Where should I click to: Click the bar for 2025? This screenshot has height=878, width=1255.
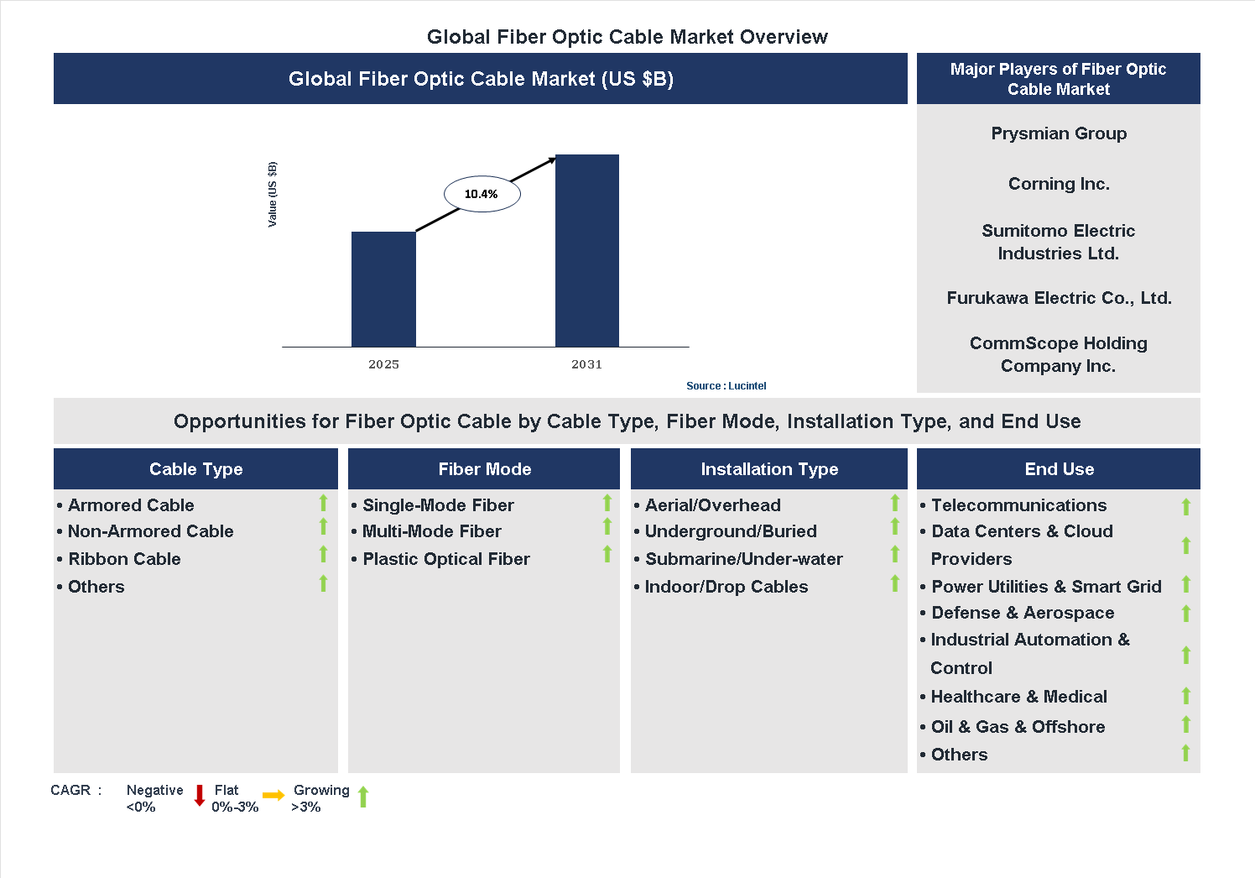pyautogui.click(x=383, y=289)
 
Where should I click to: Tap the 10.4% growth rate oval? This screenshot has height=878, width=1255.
pyautogui.click(x=482, y=194)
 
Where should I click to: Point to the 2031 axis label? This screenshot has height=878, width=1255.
pyautogui.click(x=586, y=364)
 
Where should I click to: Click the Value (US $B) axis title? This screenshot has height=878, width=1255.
pyautogui.click(x=272, y=194)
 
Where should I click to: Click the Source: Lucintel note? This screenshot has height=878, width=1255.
pyautogui.click(x=726, y=386)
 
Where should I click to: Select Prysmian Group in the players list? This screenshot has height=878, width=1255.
pyautogui.click(x=1059, y=133)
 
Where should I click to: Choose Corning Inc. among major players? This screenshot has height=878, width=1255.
pyautogui.click(x=1059, y=184)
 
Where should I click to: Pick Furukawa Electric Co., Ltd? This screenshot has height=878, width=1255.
pyautogui.click(x=1059, y=298)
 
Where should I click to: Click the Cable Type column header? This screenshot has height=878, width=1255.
pyautogui.click(x=195, y=469)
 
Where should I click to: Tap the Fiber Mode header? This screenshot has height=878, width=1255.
pyautogui.click(x=484, y=469)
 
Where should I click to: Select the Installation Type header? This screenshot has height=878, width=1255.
pyautogui.click(x=769, y=469)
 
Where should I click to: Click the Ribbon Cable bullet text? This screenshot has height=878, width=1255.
pyautogui.click(x=124, y=559)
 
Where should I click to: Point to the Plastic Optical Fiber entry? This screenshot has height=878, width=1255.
pyautogui.click(x=445, y=559)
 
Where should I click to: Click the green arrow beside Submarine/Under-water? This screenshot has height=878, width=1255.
pyautogui.click(x=895, y=555)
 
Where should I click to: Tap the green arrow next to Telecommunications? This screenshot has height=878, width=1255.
pyautogui.click(x=1186, y=506)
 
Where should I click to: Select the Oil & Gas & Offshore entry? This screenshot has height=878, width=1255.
pyautogui.click(x=1018, y=727)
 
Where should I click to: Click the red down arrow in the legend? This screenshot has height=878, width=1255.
pyautogui.click(x=200, y=796)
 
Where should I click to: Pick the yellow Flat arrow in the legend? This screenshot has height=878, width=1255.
pyautogui.click(x=273, y=796)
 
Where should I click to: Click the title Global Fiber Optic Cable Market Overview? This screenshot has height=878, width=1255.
pyautogui.click(x=627, y=37)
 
